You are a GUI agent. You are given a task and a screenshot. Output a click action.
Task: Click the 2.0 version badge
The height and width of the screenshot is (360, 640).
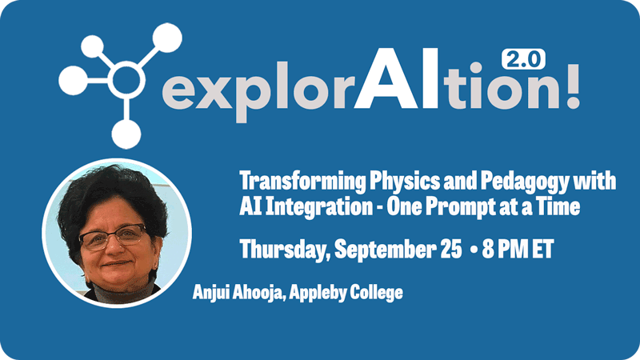click(x=523, y=59)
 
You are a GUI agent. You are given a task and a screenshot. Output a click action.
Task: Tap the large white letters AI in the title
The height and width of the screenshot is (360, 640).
click(x=396, y=78)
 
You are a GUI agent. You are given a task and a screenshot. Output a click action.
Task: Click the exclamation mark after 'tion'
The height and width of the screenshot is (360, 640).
click(x=573, y=86)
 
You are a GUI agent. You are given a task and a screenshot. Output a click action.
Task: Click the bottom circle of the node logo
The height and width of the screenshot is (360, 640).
click(x=126, y=134)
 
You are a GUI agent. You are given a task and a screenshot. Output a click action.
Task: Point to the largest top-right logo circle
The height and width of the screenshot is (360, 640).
click(x=167, y=38)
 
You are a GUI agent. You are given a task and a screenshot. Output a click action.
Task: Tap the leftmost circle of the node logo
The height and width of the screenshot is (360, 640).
click(x=74, y=81)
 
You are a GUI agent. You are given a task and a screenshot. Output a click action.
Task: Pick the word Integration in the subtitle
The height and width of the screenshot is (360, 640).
click(x=318, y=207)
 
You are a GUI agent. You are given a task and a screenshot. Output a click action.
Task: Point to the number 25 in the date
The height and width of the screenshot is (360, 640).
click(x=451, y=249)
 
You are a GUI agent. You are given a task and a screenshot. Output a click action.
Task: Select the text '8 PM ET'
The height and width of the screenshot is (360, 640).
click(x=518, y=249)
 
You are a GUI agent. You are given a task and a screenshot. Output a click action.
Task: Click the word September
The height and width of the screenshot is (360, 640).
click(x=386, y=250)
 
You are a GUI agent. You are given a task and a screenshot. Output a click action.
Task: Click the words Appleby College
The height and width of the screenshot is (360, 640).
click(x=346, y=293)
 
